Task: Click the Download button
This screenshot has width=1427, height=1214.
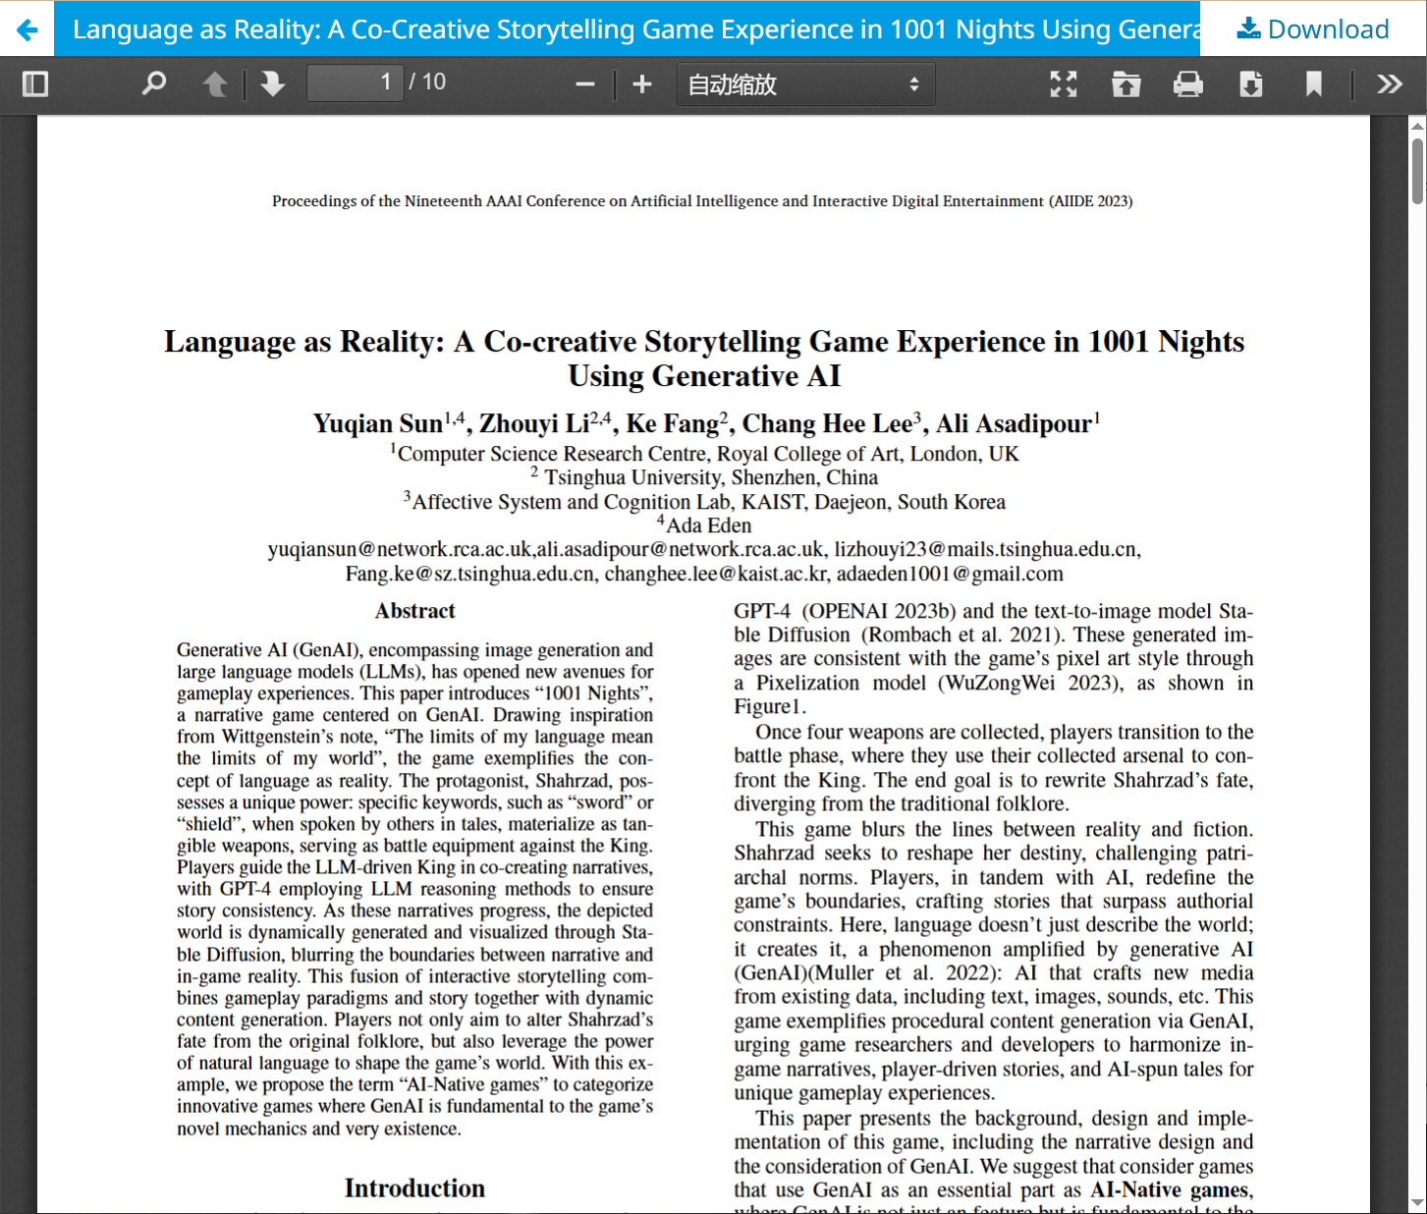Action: (x=1313, y=29)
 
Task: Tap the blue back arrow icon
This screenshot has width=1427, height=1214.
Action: (x=27, y=29)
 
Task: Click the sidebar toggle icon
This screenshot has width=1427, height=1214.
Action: (x=35, y=84)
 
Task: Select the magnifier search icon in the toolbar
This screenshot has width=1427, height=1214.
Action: (x=154, y=84)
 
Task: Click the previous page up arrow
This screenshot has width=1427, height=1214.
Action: (x=215, y=84)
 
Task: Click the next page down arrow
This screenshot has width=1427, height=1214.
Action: (x=273, y=84)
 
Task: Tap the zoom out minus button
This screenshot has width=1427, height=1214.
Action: (x=585, y=84)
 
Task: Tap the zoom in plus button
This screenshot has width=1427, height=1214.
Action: (x=642, y=84)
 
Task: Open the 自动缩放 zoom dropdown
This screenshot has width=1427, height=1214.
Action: (x=805, y=84)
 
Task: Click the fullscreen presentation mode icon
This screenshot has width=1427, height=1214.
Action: (x=1064, y=84)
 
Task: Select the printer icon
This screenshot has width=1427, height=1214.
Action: (x=1188, y=84)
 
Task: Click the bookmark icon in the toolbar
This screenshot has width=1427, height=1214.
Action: (x=1314, y=84)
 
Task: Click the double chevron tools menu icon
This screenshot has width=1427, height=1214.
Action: (x=1389, y=84)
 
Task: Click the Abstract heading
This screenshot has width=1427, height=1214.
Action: (x=414, y=611)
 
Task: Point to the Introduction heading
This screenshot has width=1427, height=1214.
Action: (x=414, y=1188)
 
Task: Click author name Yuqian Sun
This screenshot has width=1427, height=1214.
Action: (x=378, y=424)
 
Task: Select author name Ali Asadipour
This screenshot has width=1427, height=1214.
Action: (x=1014, y=424)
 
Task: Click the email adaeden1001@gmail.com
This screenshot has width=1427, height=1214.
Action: (x=950, y=574)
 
